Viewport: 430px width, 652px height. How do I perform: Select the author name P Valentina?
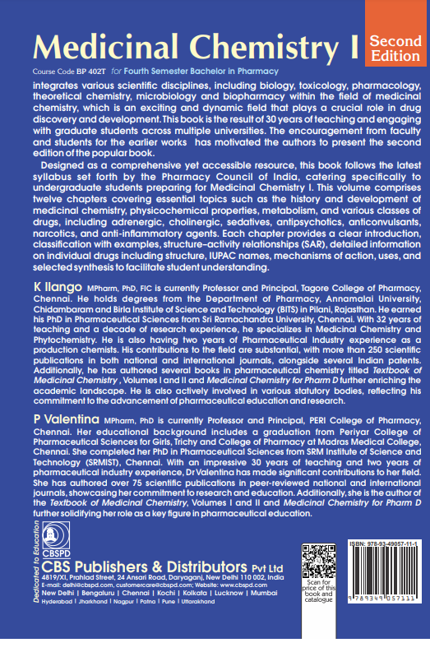tap(58, 418)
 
